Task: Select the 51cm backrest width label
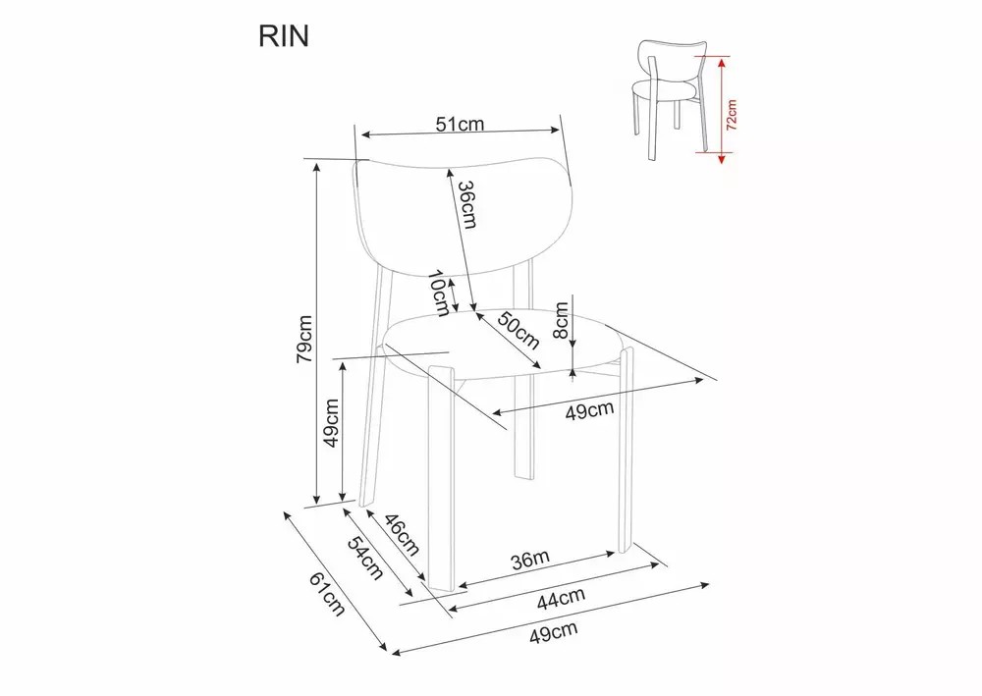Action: click(460, 125)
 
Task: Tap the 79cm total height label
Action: click(305, 340)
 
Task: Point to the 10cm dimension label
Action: click(438, 293)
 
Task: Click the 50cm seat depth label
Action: click(518, 330)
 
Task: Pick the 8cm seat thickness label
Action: click(561, 320)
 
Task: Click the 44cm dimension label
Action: click(562, 596)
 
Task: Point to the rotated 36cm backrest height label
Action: click(467, 205)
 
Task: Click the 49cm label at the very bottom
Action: click(552, 633)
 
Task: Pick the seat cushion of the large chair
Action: click(501, 344)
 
